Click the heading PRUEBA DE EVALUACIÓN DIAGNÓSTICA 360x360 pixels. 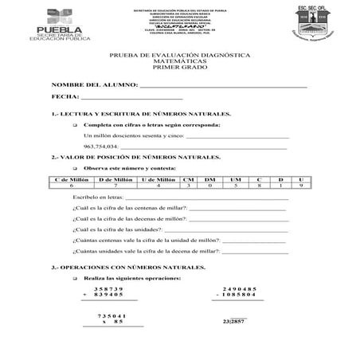179,54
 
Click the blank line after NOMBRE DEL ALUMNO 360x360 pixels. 223,84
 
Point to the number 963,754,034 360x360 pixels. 100,147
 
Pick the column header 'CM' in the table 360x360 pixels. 189,180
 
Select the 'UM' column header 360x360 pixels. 235,180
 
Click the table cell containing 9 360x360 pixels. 301,186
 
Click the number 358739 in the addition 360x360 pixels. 109,288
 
